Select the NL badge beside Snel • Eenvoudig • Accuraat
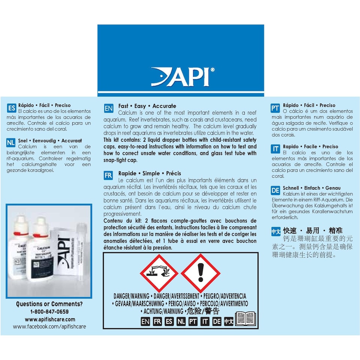[12, 142]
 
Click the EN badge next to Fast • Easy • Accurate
[108, 109]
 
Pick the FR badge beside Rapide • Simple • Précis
[108, 175]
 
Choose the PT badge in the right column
[275, 108]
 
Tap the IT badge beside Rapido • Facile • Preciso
[275, 149]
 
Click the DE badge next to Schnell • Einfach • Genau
[275, 190]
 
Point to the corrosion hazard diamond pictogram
[159, 273]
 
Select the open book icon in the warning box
[245, 318]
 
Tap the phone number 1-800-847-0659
[49, 312]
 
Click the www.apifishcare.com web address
[50, 319]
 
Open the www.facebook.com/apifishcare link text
[49, 327]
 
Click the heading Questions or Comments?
[49, 304]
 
